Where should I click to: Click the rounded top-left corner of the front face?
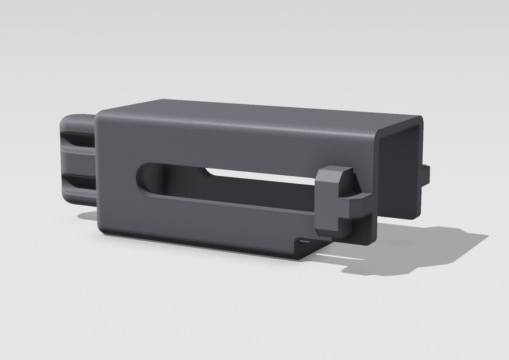(102, 114)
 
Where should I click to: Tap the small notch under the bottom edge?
(306, 242)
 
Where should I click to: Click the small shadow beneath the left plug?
(87, 216)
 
